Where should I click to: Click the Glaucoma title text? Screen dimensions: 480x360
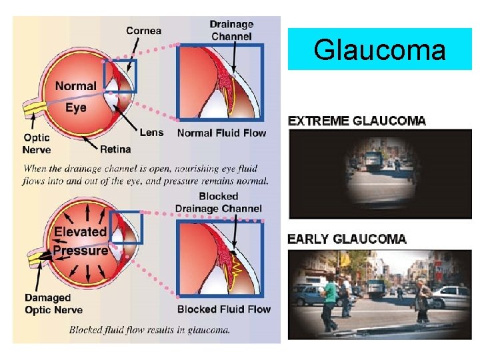click(379, 49)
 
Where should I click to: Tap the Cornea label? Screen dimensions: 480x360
click(143, 31)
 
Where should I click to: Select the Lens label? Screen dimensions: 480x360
click(151, 132)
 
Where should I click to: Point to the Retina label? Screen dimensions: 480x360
click(115, 148)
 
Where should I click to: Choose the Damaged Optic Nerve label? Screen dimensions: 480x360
click(53, 304)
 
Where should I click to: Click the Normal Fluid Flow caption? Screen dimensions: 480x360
click(221, 133)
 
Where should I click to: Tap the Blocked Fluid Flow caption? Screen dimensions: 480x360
click(224, 309)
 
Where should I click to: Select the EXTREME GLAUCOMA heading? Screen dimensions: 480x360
click(356, 121)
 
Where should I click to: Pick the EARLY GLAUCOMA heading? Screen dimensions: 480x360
click(347, 239)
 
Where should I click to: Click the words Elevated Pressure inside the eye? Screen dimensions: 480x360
click(81, 241)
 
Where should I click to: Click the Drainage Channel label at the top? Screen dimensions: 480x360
click(231, 30)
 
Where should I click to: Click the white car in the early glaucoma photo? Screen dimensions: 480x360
click(449, 296)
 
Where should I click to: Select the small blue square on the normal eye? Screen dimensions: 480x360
click(120, 75)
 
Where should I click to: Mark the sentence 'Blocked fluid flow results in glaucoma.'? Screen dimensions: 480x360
click(149, 329)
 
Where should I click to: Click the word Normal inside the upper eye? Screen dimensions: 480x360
click(75, 86)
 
